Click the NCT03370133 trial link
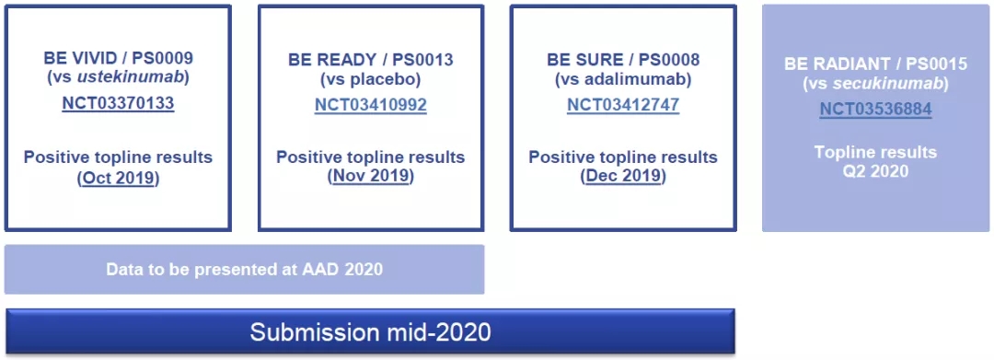(118, 103)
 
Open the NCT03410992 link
(371, 105)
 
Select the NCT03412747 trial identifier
(623, 105)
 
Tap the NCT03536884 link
(875, 109)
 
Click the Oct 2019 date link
(119, 178)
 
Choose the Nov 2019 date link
(371, 177)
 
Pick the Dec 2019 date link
(623, 177)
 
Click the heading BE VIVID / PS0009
(118, 58)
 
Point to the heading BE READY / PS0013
(371, 60)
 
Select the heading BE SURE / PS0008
(623, 60)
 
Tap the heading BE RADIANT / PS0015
(875, 64)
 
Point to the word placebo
(384, 80)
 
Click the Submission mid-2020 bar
(370, 331)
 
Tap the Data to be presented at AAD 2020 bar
(244, 270)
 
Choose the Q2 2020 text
(875, 171)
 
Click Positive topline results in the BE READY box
(371, 157)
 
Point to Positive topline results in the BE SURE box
(623, 157)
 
